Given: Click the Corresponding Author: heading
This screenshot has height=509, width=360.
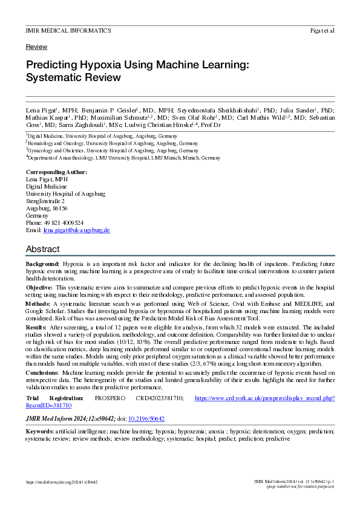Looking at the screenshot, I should point(56,172).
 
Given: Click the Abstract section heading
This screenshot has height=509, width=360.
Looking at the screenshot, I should point(43,249).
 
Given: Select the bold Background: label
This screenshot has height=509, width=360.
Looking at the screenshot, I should point(42,265).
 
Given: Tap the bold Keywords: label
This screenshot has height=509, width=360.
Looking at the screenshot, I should point(40,431).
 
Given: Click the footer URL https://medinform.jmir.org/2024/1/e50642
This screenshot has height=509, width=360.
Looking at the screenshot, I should point(62,482).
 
